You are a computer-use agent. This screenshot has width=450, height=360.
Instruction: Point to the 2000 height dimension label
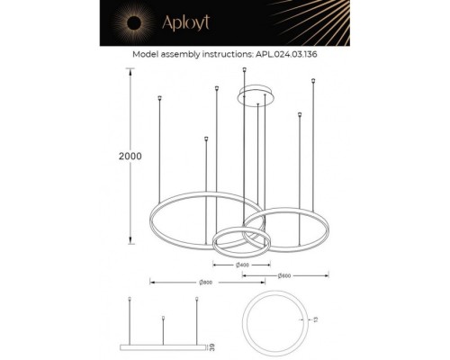tap(131, 157)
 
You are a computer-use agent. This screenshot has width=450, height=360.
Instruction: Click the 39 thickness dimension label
tap(210, 346)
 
